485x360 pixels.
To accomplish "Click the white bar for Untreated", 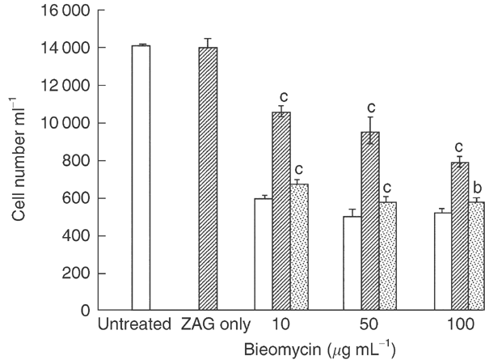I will point(141,178).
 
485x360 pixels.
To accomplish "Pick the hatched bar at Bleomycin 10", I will point(280,211).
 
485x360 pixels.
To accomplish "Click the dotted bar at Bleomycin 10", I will point(298,247).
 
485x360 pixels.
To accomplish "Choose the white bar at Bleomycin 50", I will point(352,263).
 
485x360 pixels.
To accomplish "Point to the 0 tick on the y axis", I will point(82,311).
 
